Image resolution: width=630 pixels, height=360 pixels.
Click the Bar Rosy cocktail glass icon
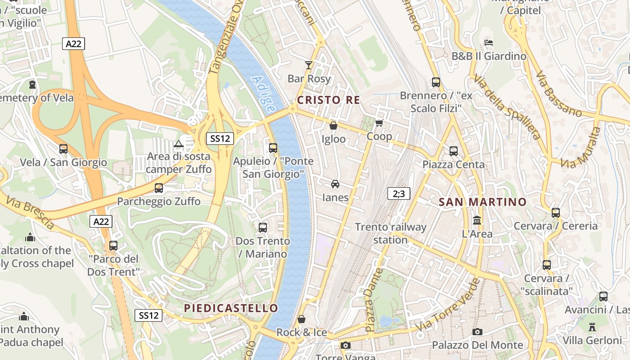308,65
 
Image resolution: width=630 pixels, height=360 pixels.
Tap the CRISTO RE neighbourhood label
329,100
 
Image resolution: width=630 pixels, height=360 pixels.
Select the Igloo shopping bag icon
333,126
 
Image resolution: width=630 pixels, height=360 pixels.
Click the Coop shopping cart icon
379,123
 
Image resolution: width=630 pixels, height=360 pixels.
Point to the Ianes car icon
335,184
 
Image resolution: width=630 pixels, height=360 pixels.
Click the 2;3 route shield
399,194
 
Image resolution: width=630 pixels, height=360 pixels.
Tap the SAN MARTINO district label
482,202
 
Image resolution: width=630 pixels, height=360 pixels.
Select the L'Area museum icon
477,220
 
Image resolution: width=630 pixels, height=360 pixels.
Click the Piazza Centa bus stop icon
453,151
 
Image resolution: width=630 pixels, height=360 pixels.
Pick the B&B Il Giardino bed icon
489,43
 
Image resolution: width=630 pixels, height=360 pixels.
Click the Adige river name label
263,94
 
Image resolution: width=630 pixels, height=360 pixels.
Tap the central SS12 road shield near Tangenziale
220,139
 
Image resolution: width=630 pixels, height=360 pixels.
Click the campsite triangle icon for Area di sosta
179,144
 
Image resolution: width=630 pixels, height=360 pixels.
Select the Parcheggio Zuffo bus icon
158,188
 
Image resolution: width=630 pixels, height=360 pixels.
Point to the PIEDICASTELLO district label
231,308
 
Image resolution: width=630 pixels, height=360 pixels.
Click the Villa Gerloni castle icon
592,327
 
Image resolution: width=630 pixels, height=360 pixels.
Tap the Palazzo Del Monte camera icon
477,332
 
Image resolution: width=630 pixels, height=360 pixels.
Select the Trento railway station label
390,233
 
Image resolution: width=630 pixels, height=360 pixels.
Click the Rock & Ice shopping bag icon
301,319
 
